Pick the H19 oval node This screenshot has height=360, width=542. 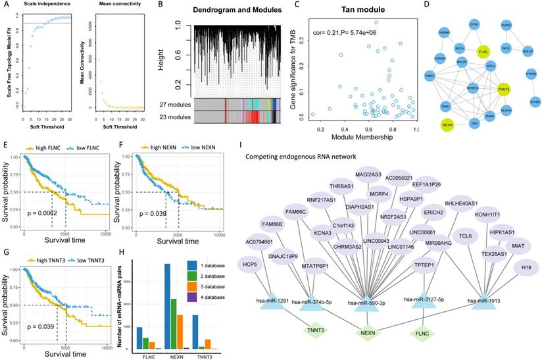tap(522, 267)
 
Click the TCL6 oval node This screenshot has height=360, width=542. tap(466, 236)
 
